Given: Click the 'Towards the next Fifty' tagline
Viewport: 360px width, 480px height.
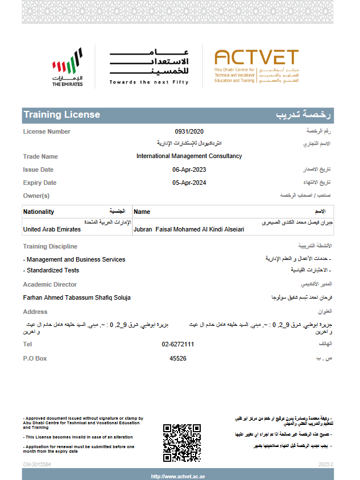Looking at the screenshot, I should pyautogui.click(x=149, y=82).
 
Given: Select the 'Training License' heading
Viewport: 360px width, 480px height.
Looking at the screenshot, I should pyautogui.click(x=62, y=115).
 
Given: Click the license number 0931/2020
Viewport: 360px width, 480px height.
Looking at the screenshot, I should pyautogui.click(x=189, y=131).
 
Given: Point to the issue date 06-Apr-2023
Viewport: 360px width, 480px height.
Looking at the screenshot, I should pyautogui.click(x=189, y=169).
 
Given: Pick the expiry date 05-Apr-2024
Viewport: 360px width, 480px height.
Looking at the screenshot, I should pyautogui.click(x=189, y=183).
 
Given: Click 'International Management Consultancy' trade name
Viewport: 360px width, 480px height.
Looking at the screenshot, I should pyautogui.click(x=189, y=156).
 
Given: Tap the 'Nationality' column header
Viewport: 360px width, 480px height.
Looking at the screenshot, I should pyautogui.click(x=39, y=212).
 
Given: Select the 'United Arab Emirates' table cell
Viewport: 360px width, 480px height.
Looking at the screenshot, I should pyautogui.click(x=52, y=229).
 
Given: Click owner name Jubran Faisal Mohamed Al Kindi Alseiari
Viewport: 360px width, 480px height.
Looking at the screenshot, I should pyautogui.click(x=188, y=230).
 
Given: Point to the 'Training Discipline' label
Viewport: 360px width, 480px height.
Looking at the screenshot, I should pyautogui.click(x=50, y=246).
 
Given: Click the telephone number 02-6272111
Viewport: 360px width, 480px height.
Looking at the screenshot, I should pyautogui.click(x=178, y=344).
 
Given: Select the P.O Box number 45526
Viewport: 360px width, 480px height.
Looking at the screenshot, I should pyautogui.click(x=178, y=358).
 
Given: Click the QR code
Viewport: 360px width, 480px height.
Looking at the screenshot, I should pyautogui.click(x=182, y=442).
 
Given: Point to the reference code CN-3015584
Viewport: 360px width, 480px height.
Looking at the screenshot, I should pyautogui.click(x=37, y=465).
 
